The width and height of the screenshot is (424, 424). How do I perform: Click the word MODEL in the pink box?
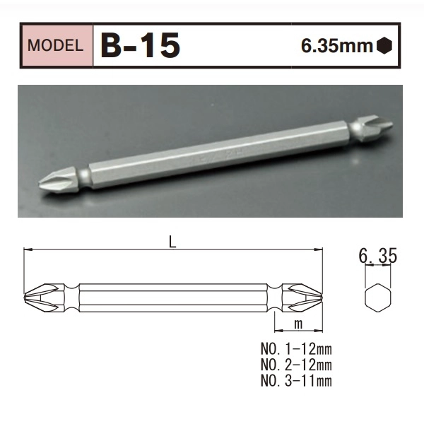tap(57, 47)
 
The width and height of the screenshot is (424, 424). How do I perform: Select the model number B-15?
tap(141, 46)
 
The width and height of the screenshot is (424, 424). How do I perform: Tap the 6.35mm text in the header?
tap(337, 47)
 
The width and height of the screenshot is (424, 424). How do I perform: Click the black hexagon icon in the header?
tap(384, 47)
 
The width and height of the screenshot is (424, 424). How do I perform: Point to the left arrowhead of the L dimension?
tap(28, 249)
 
